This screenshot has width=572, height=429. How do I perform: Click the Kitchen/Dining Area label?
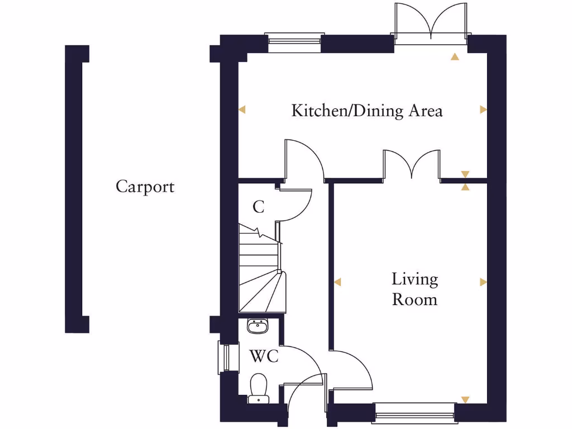pyautogui.click(x=367, y=111)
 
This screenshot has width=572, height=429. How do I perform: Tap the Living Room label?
pyautogui.click(x=414, y=289)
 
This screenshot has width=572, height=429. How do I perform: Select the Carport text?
pyautogui.click(x=145, y=187)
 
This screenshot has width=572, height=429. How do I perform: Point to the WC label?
pyautogui.click(x=264, y=356)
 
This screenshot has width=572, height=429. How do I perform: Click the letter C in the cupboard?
pyautogui.click(x=258, y=207)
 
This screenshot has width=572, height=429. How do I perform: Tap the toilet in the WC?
pyautogui.click(x=258, y=388)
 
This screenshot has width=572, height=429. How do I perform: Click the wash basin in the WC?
pyautogui.click(x=258, y=325)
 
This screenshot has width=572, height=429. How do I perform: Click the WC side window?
pyautogui.click(x=225, y=357)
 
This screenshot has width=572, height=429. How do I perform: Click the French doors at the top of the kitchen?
pyautogui.click(x=431, y=25)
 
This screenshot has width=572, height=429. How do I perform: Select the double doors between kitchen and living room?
pyautogui.click(x=412, y=166)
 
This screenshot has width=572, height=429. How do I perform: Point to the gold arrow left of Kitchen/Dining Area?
pyautogui.click(x=242, y=110)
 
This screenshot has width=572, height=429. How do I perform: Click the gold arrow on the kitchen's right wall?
pyautogui.click(x=483, y=110)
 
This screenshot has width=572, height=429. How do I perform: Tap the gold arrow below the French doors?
pyautogui.click(x=455, y=56)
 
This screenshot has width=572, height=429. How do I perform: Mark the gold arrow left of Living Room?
pyautogui.click(x=337, y=282)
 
